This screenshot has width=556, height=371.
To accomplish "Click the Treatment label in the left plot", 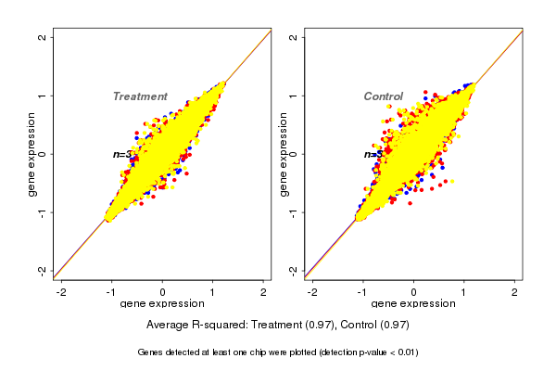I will [x=140, y=96].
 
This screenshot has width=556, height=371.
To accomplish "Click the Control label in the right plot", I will [x=383, y=96].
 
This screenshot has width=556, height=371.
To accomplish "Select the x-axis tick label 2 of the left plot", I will [x=264, y=292].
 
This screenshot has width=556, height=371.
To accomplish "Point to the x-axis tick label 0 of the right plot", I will [x=414, y=292].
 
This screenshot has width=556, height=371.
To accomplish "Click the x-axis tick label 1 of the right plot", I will [x=465, y=292].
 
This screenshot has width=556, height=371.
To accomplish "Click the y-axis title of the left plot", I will [x=32, y=154].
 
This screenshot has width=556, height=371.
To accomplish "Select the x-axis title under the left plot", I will [x=162, y=304].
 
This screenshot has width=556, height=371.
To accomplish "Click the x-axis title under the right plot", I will [x=414, y=304].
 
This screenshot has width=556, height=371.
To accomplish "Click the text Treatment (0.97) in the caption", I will [x=284, y=326].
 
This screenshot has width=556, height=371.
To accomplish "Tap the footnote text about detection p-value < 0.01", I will [x=278, y=352].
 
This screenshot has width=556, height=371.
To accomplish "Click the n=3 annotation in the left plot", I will [x=121, y=154].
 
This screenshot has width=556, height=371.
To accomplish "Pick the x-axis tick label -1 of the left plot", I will [x=111, y=292].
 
